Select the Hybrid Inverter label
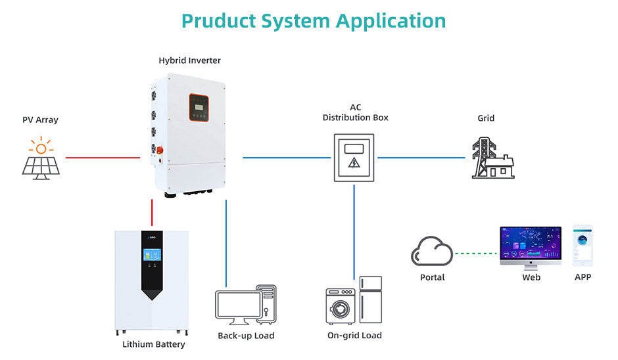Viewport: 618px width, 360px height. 189,60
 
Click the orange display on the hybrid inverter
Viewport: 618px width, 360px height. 199,107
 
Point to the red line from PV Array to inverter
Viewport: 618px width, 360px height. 103,158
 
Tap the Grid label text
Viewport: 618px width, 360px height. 486,118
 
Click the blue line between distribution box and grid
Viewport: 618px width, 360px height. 421,158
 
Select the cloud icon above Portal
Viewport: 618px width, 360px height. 432,252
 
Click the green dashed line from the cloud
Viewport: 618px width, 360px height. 475,253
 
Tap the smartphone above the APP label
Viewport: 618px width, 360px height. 582,244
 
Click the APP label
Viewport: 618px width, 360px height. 582,277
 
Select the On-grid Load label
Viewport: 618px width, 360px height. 354,336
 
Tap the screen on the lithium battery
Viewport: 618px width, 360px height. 152,258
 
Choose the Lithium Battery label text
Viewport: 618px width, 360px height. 154,344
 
